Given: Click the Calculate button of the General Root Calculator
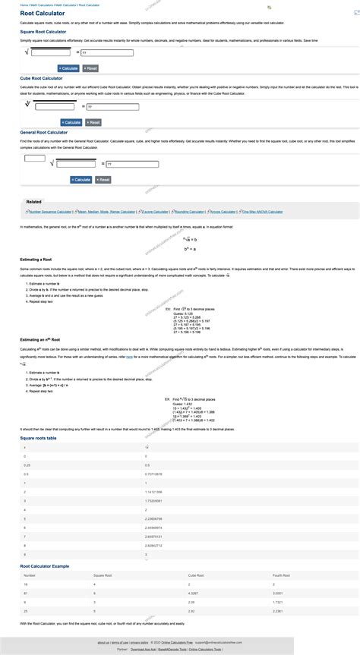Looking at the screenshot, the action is point(81,179).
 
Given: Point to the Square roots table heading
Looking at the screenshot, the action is point(41,438).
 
